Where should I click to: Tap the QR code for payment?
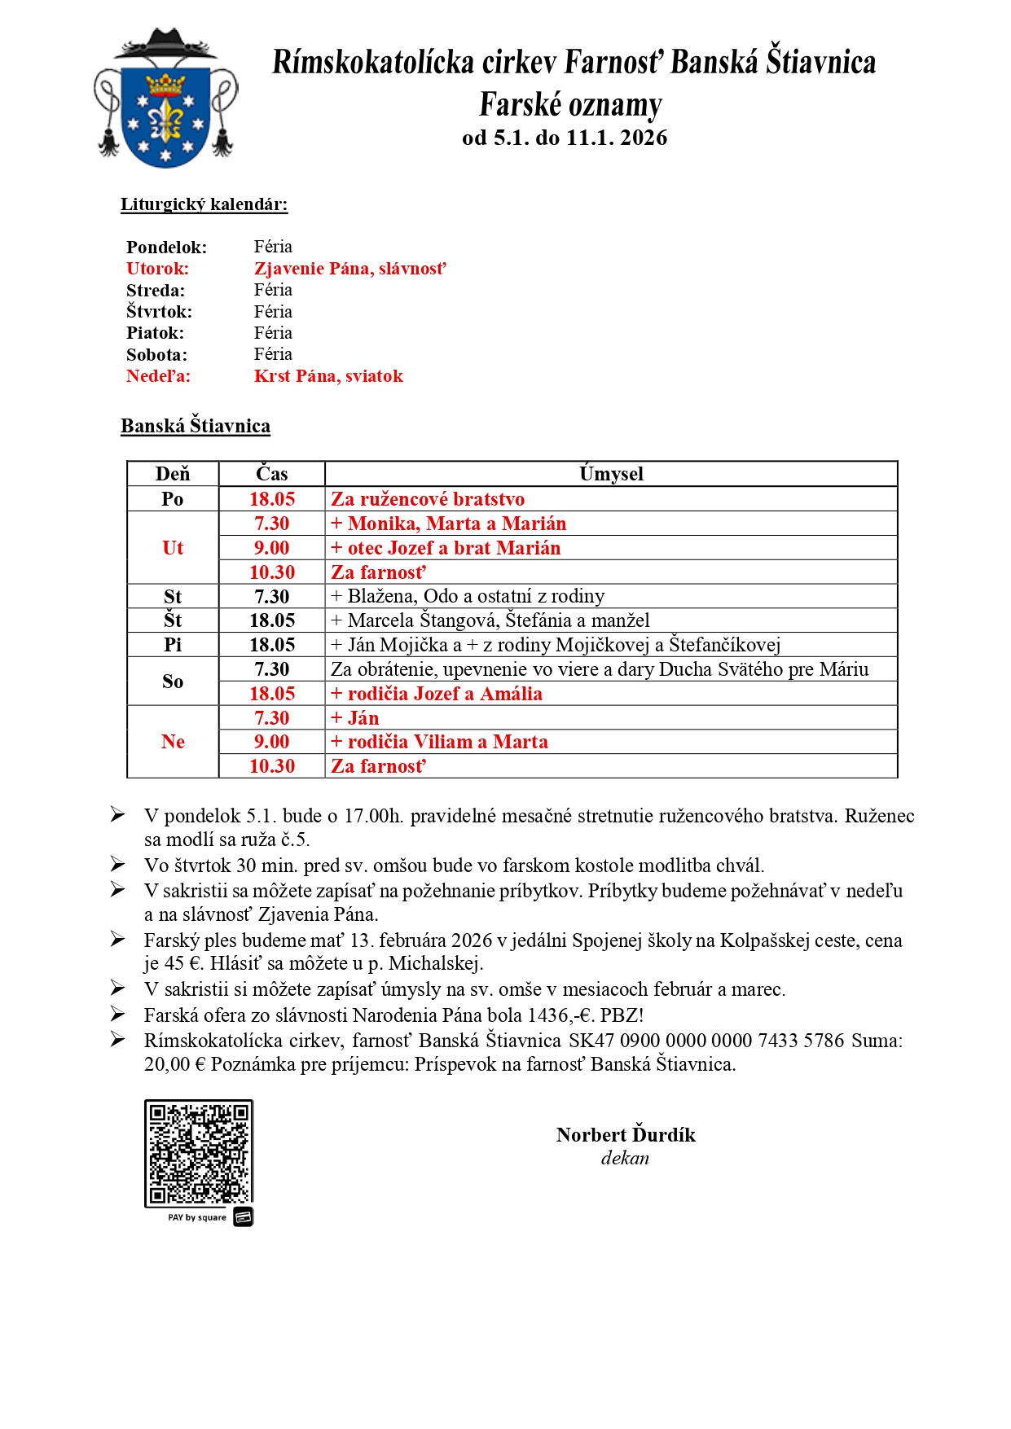[199, 1153]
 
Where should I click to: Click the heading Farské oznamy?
[570, 105]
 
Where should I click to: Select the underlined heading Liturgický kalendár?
[204, 204]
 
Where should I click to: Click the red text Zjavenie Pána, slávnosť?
[349, 269]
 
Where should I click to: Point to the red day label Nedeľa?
[158, 376]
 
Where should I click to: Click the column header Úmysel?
[611, 474]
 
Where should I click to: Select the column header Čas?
[271, 474]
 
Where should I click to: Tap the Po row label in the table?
[173, 499]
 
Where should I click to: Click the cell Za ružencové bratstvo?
[428, 499]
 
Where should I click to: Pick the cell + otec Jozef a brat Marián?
[446, 548]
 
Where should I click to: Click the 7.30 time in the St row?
[271, 597]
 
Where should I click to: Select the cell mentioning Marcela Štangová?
[490, 620]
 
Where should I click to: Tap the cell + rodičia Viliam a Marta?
[439, 742]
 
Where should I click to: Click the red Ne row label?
[173, 742]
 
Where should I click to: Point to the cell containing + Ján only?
[354, 718]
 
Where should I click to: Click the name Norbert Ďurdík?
[626, 1135]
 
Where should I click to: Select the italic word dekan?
[625, 1158]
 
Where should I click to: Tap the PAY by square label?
[197, 1218]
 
